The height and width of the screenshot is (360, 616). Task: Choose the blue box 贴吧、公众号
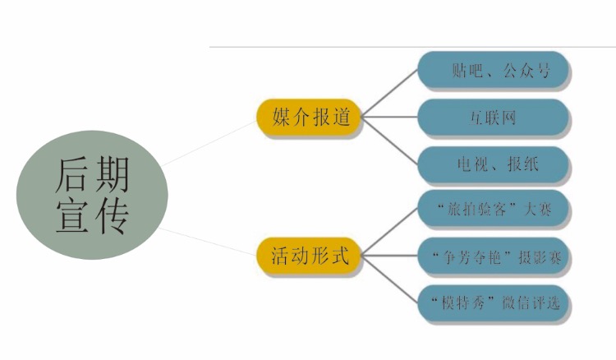coord(494,71)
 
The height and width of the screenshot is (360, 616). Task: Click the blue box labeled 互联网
coord(494,118)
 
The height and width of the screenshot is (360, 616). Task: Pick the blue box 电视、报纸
coord(494,164)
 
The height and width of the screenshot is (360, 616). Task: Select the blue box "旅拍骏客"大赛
coord(494,210)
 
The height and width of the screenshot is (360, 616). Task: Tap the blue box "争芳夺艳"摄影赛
coord(494,256)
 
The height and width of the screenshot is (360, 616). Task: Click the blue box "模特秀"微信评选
coord(494,303)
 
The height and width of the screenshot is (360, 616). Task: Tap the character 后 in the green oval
coord(71,173)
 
